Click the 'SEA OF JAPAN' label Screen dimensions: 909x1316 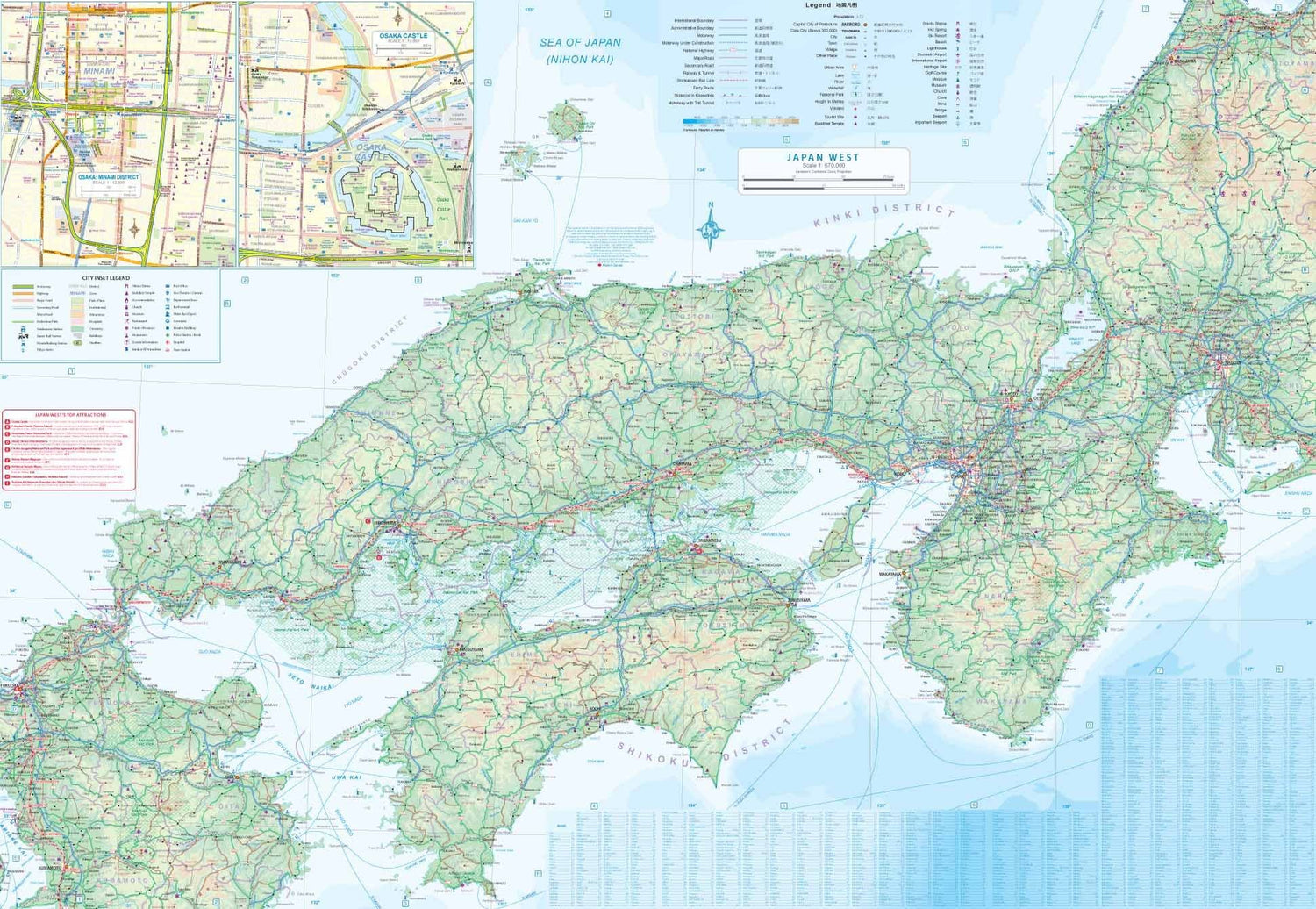(580, 42)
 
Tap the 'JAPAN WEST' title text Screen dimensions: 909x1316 (822, 157)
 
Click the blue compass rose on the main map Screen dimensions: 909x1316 (711, 230)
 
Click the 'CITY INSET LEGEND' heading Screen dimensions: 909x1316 (105, 277)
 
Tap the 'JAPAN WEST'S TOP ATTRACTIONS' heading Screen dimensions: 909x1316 (70, 415)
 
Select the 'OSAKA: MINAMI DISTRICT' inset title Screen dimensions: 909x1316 (108, 177)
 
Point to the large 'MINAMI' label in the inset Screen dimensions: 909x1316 (99, 70)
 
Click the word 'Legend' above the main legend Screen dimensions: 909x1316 (818, 5)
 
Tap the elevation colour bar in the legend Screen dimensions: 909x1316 (740, 121)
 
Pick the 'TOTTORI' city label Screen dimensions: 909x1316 (744, 290)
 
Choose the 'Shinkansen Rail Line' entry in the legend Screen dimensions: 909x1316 (695, 81)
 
